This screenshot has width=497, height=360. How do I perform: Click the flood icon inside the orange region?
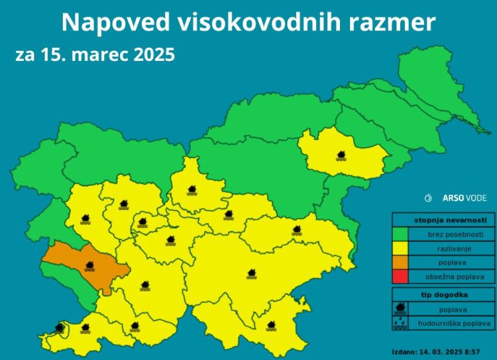coord(90,267)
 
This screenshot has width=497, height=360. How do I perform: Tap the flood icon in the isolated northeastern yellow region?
coord(341,156)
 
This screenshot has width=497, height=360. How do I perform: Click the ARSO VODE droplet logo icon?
coord(429,198)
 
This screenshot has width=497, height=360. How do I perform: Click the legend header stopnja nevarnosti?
coord(442,220)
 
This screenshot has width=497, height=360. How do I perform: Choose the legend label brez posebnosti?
coord(451,235)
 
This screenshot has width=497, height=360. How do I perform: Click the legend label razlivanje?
coord(451,249)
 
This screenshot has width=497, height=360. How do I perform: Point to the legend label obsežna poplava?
coord(451,276)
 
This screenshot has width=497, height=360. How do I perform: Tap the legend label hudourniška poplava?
coord(451,323)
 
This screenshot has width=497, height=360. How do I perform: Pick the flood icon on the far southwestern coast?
coord(60,327)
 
